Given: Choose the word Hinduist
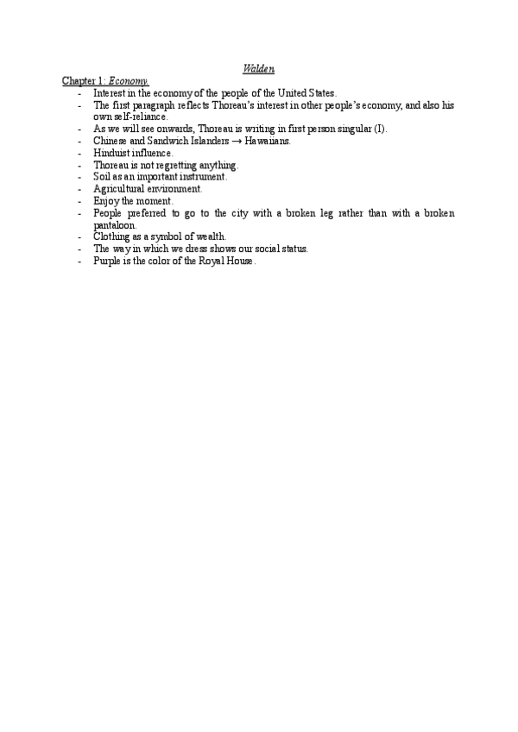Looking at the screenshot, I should click(x=111, y=153).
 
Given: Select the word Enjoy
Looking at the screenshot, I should click(x=106, y=200).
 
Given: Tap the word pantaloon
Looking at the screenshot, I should click(x=114, y=224).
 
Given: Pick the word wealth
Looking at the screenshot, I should click(x=210, y=236).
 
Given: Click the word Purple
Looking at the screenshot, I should click(x=108, y=260).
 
